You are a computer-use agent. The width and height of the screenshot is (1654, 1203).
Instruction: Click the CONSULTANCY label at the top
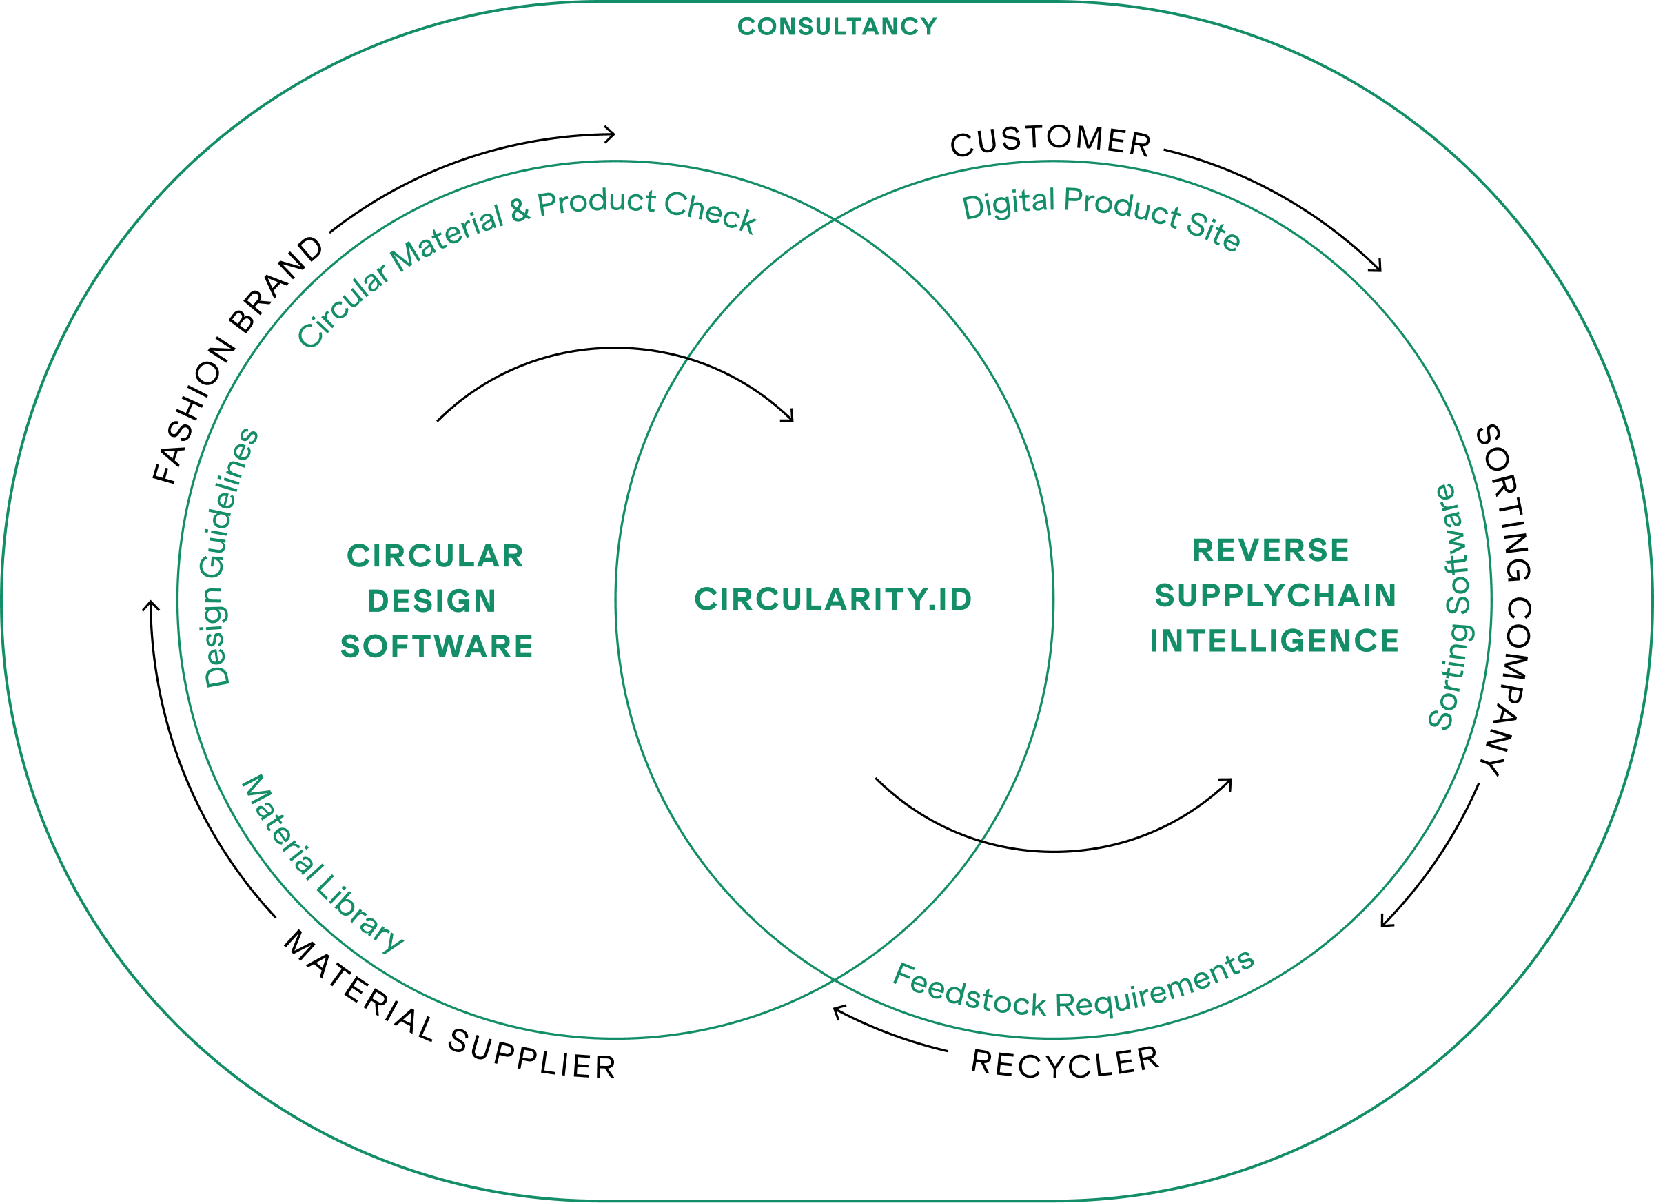pyautogui.click(x=837, y=27)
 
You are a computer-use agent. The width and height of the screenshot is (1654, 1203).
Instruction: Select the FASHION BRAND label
pyautogui.click(x=238, y=360)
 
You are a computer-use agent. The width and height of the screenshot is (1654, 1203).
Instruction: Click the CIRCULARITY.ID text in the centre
pyautogui.click(x=834, y=599)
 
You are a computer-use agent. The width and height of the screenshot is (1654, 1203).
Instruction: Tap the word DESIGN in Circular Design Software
pyautogui.click(x=431, y=601)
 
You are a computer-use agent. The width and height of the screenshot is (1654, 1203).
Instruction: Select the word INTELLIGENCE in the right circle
pyautogui.click(x=1275, y=641)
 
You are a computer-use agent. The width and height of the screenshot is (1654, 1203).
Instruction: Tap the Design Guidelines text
pyautogui.click(x=232, y=558)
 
